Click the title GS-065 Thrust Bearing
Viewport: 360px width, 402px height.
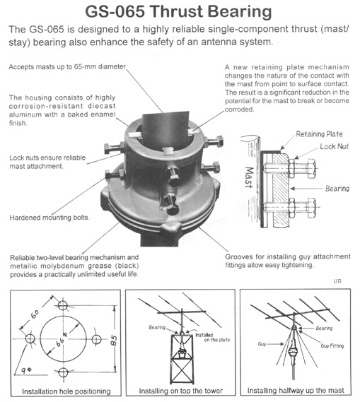178,11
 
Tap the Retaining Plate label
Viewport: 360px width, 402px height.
319,134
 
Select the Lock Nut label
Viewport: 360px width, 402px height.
334,146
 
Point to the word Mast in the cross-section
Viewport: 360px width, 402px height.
249,177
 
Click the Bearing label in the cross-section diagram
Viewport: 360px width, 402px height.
337,189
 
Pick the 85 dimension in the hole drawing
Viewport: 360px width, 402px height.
114,341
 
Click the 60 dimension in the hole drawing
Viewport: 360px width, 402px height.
35,314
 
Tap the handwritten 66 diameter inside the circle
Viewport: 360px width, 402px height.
61,340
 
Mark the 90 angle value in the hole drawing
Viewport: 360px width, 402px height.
26,370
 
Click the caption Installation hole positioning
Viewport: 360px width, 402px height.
66,391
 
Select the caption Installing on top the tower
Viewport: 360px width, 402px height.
180,391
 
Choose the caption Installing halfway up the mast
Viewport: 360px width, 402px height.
296,391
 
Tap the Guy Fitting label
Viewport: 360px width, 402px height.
332,345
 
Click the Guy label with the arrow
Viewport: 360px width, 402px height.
262,344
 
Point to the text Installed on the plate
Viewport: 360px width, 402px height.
212,338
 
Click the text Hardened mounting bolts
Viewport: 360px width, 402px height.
50,218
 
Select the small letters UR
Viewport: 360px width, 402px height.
337,281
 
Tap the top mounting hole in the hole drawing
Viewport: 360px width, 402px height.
62,305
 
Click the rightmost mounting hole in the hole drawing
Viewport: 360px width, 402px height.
96,339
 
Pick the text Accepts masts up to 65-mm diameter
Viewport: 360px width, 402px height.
67,67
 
